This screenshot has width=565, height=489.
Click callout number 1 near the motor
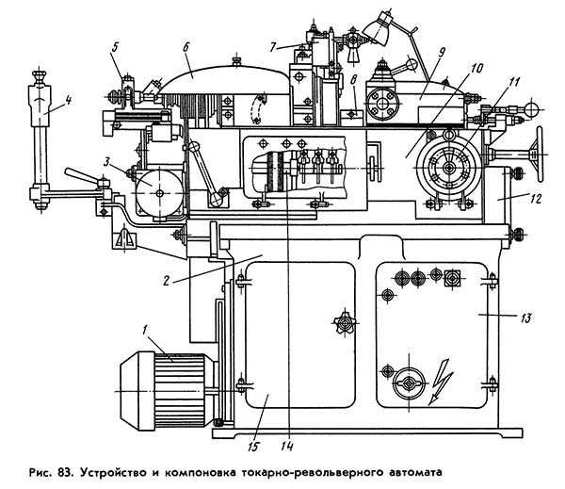[144, 331]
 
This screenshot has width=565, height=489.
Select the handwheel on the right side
[538, 150]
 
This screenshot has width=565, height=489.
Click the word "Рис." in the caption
[38, 468]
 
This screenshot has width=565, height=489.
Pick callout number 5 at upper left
[114, 47]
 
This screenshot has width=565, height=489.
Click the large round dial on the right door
[407, 382]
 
